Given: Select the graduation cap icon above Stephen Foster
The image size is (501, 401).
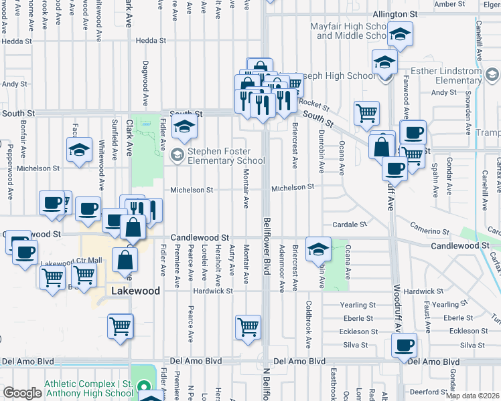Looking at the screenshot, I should click(x=184, y=125).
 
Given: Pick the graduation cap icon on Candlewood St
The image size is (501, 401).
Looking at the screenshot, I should click(x=317, y=249).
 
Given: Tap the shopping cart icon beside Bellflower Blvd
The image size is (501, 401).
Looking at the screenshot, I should click(x=248, y=327).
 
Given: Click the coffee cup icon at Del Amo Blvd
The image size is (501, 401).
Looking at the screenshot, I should click(x=404, y=346).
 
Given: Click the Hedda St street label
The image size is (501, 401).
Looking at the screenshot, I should click(x=151, y=40).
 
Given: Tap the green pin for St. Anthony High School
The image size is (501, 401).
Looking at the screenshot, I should click(x=142, y=387).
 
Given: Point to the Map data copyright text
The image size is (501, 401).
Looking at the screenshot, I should click(x=472, y=396).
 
